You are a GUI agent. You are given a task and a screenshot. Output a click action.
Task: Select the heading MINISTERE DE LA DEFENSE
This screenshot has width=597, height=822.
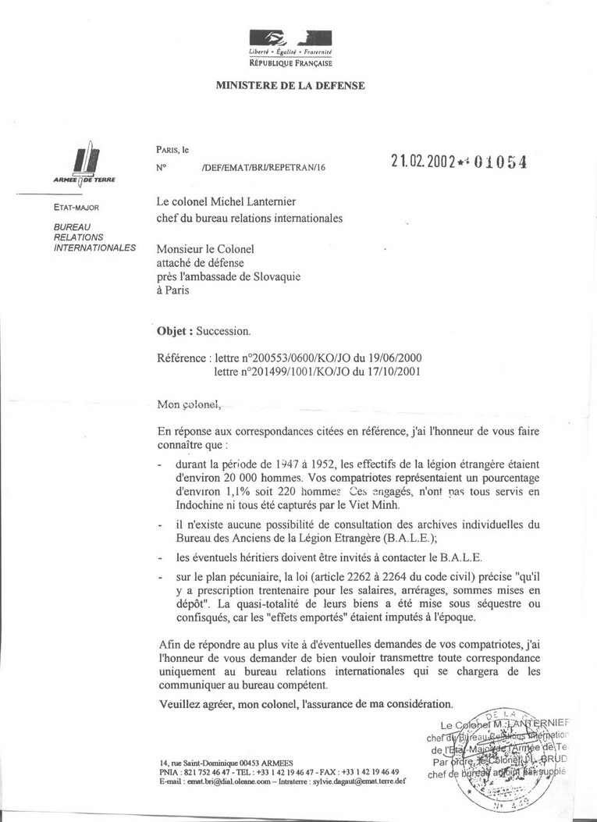[290, 86]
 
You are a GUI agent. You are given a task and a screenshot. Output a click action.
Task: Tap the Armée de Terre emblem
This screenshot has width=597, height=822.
[84, 163]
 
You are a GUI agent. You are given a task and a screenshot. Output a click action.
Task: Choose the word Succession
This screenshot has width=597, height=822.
[223, 330]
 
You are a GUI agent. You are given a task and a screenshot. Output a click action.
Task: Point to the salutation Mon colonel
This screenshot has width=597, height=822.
[190, 404]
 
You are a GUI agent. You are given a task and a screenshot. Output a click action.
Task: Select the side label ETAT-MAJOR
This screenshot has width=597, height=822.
[76, 208]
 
